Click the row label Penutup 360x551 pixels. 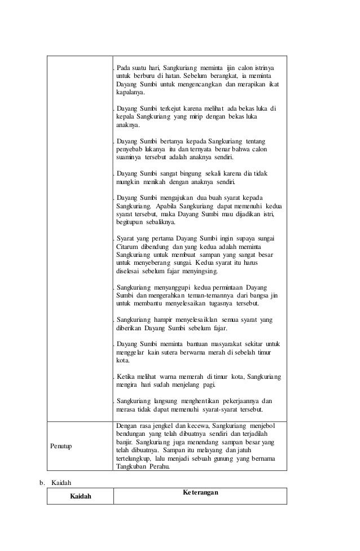(62, 445)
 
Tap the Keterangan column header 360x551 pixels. (200, 492)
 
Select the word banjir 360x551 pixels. (125, 444)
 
